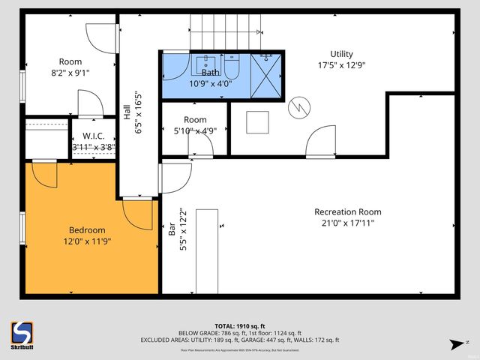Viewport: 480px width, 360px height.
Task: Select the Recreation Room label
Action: [x=343, y=211]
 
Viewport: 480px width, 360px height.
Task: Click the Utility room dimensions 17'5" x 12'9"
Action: [x=342, y=65]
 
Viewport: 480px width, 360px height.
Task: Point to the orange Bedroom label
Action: [x=87, y=229]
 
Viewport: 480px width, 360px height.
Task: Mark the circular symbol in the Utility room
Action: [x=299, y=107]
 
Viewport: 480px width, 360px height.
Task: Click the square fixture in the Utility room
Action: [x=257, y=121]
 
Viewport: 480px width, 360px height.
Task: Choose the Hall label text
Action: [x=127, y=112]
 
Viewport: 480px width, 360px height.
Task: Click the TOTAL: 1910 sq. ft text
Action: [x=239, y=325]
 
